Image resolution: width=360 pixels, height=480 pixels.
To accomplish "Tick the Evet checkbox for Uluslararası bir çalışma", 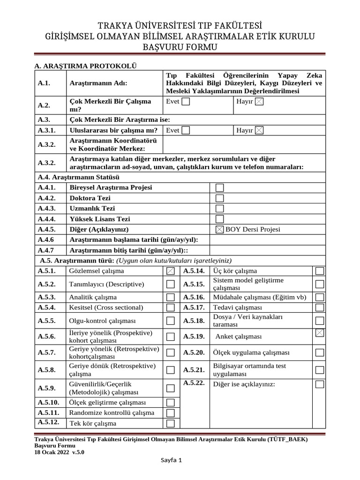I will [x=186, y=130].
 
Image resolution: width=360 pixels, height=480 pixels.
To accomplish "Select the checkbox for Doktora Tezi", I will [x=219, y=198].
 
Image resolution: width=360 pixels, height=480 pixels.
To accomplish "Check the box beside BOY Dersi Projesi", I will [x=219, y=229].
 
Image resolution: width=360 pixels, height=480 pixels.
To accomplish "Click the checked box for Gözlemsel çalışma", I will [x=171, y=271].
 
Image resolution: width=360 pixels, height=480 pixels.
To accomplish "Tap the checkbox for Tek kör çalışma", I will [x=171, y=424].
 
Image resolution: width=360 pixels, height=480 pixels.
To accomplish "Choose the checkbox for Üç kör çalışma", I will [x=320, y=271].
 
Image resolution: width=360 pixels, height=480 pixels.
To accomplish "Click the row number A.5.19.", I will [x=194, y=337].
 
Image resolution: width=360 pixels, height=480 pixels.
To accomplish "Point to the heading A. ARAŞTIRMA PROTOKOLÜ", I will [x=86, y=66].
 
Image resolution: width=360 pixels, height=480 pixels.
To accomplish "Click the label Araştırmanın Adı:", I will [x=98, y=83].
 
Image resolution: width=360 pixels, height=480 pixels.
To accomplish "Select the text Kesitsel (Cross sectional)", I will [x=106, y=307].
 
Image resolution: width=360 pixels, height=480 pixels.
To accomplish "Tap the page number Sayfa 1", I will [x=171, y=460].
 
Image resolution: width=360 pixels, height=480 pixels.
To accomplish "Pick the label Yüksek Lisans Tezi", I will [x=100, y=219].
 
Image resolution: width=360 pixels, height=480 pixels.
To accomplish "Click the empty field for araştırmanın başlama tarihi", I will [x=267, y=240].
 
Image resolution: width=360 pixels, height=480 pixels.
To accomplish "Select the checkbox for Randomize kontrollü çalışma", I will [x=171, y=413].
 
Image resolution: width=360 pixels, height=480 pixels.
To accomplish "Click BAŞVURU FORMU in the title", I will [x=180, y=47].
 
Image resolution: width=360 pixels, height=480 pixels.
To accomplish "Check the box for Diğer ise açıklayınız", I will [x=320, y=384].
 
